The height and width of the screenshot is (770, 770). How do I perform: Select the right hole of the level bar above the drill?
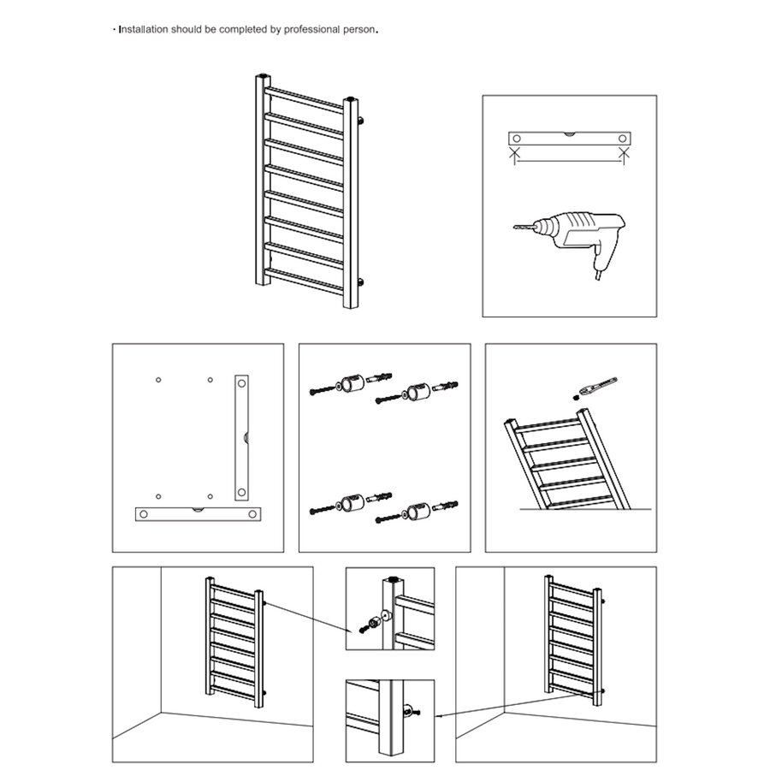623,138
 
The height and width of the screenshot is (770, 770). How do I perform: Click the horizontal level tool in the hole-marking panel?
198,513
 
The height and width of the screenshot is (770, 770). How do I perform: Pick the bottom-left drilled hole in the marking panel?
157,494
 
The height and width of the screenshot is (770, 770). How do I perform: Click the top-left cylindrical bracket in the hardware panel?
349,386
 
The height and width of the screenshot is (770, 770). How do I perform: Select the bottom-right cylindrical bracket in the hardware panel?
415,512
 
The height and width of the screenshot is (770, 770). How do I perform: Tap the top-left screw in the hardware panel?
320,391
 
